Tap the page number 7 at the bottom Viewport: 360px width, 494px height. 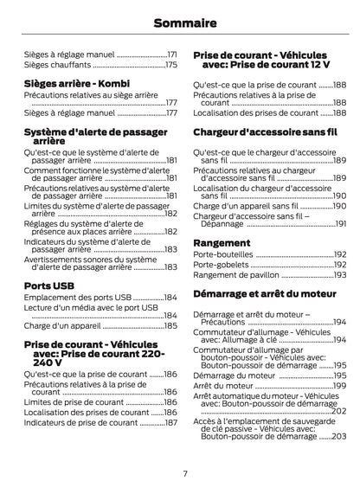184,473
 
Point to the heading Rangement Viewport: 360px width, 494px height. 222,242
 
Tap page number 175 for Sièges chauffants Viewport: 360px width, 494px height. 170,65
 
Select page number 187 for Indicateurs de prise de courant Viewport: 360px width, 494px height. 170,422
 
